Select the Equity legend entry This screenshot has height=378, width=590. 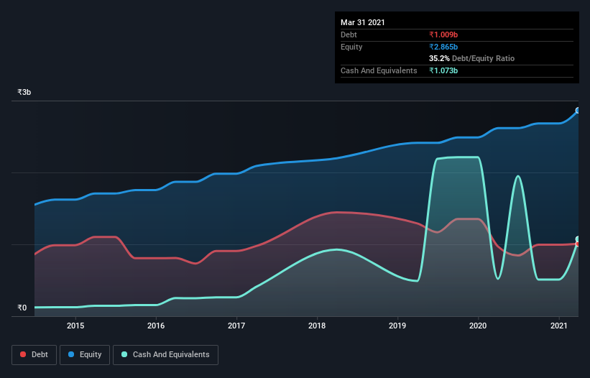coord(85,354)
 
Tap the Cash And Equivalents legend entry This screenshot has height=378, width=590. coord(165,354)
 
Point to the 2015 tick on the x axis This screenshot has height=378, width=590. coord(75,326)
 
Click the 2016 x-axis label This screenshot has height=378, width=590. coord(156,326)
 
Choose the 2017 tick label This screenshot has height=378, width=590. coord(236,326)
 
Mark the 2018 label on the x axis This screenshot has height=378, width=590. coord(317,326)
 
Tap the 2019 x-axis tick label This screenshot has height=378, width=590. coord(397,326)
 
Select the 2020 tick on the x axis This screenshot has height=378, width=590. coord(478,326)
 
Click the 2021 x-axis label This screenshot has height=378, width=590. coord(558,326)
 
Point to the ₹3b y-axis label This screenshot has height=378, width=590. coord(24,93)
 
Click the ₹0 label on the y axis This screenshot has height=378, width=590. coord(22,308)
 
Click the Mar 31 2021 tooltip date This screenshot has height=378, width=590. coord(363,22)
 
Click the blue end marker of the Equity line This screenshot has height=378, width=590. coord(578,111)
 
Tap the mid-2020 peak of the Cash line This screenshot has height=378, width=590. coord(517,176)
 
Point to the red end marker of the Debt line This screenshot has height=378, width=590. coord(578,244)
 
